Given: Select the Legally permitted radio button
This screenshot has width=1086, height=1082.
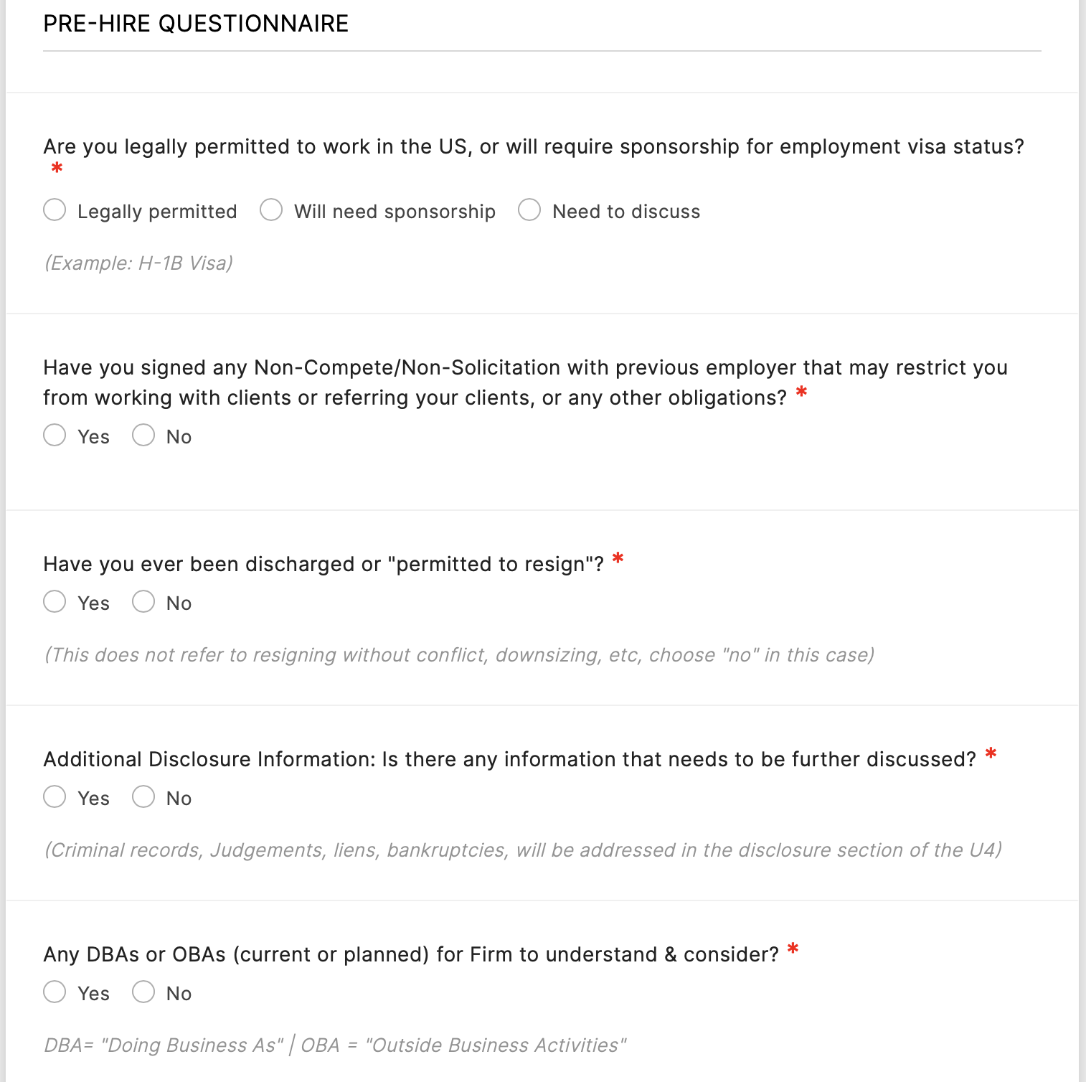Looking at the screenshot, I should pyautogui.click(x=55, y=210).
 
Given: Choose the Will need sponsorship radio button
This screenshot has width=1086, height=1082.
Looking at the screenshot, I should pyautogui.click(x=271, y=210).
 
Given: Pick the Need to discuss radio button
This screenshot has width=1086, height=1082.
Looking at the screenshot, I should pyautogui.click(x=529, y=210).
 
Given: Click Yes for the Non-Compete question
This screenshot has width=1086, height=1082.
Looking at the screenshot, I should pyautogui.click(x=55, y=436).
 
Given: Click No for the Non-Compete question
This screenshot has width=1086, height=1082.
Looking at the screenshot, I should pyautogui.click(x=143, y=436).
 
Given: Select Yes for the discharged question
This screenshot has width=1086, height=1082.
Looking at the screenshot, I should pyautogui.click(x=55, y=602).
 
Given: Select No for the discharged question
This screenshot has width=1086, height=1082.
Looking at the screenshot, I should pyautogui.click(x=143, y=602).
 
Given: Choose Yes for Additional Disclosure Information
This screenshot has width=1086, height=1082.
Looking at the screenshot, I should pyautogui.click(x=55, y=797).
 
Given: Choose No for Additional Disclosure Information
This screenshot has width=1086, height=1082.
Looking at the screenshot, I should pyautogui.click(x=143, y=797).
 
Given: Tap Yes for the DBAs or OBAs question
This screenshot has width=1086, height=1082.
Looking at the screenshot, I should pyautogui.click(x=55, y=992).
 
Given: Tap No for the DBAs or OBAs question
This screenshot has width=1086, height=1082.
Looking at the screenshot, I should pyautogui.click(x=143, y=992).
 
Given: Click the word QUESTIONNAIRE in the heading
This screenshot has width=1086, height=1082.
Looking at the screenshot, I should pyautogui.click(x=253, y=24).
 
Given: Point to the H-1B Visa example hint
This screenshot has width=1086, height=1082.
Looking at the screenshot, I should pyautogui.click(x=138, y=263).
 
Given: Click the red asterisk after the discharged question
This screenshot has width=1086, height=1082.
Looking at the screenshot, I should pyautogui.click(x=618, y=560).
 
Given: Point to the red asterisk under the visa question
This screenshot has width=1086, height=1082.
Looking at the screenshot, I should pyautogui.click(x=57, y=169).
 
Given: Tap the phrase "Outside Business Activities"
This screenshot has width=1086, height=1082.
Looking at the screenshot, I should pyautogui.click(x=496, y=1045).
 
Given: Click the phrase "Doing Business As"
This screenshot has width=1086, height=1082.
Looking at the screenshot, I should pyautogui.click(x=192, y=1045).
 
